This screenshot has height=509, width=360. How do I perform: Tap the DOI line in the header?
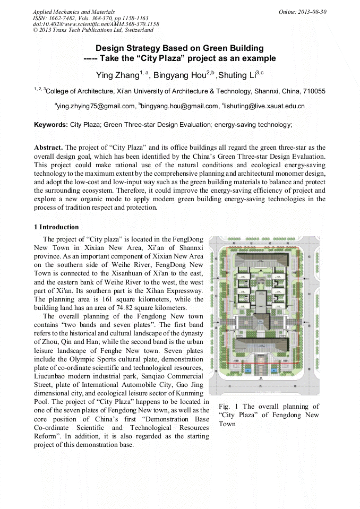tap(96, 24)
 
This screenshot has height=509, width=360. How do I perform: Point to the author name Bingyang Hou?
tap(176, 75)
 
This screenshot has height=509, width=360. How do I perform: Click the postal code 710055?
tap(313, 91)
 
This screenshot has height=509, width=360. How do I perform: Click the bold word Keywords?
tap(51, 125)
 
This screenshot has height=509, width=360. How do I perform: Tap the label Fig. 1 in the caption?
tap(228, 407)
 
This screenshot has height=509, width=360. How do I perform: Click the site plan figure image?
tap(264, 315)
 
